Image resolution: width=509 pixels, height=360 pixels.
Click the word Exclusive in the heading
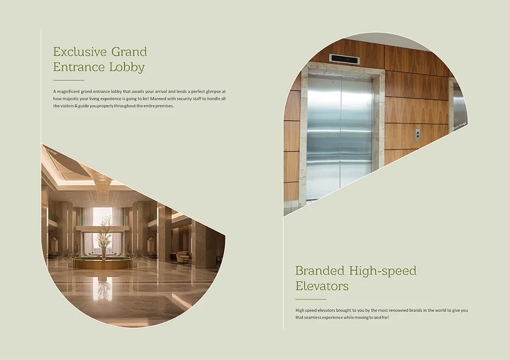click(x=80, y=51)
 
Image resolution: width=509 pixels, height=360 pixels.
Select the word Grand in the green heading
click(x=129, y=51)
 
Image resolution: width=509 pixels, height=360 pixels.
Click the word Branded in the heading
click(x=320, y=270)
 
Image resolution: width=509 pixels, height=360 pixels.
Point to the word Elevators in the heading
click(x=322, y=286)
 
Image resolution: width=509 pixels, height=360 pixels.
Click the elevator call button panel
click(x=418, y=134)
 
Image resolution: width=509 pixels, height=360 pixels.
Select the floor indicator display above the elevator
click(x=345, y=59)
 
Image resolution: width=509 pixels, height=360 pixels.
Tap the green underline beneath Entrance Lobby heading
click(x=69, y=80)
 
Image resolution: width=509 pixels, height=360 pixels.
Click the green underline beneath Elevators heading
click(x=311, y=299)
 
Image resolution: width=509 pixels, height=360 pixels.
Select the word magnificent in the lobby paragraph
click(x=68, y=92)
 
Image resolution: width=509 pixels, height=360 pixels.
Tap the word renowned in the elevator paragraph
click(x=399, y=310)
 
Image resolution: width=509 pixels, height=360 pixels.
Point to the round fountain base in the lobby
click(x=103, y=263)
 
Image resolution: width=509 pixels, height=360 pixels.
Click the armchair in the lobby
click(x=183, y=257)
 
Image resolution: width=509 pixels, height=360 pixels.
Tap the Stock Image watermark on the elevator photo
click(x=460, y=126)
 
